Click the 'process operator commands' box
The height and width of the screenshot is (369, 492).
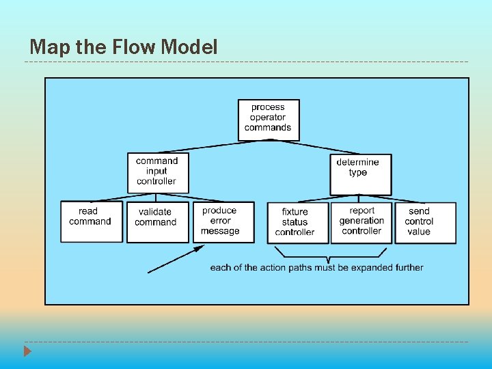(268, 120)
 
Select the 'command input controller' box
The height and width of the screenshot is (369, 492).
(157, 172)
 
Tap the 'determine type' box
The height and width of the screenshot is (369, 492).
(361, 174)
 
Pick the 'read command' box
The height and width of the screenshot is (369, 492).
(91, 221)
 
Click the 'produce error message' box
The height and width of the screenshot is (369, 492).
(222, 221)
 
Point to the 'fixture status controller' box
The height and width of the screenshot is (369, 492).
(295, 222)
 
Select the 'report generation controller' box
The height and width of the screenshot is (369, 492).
(361, 221)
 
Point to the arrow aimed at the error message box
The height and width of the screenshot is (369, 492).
(176, 260)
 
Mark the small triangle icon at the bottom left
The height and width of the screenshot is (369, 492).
(27, 352)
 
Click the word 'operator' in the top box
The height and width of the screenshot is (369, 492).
(268, 118)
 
